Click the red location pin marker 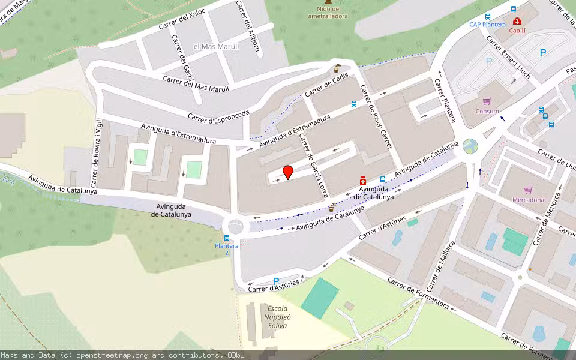click(x=288, y=172)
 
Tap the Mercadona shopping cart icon click(x=528, y=190)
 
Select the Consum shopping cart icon click(x=487, y=101)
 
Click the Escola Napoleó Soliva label click(x=277, y=317)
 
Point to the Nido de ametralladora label click(x=328, y=13)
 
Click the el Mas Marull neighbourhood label click(x=216, y=46)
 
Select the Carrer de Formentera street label click(x=418, y=293)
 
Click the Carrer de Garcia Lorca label click(x=313, y=161)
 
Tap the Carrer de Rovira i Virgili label click(x=96, y=152)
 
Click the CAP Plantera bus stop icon click(x=487, y=16)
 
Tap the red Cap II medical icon click(x=517, y=21)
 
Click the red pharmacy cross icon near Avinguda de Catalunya click(x=363, y=181)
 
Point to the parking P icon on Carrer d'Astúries click(x=276, y=281)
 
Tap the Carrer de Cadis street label click(x=327, y=88)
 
